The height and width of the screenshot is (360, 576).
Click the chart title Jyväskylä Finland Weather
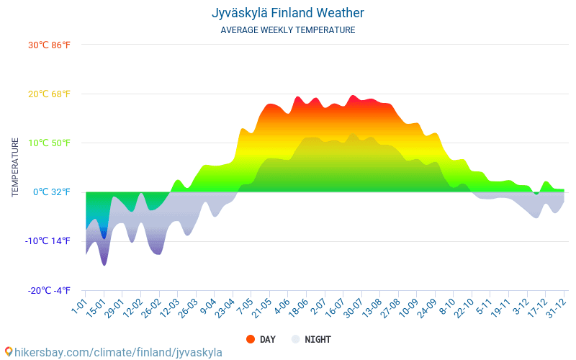click(x=288, y=13)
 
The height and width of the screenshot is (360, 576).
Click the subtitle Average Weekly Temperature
click(x=288, y=30)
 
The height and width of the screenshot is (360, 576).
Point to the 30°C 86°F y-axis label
click(x=50, y=45)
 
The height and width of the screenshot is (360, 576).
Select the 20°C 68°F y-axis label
click(x=50, y=94)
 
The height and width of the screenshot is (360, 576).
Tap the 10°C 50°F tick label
click(x=50, y=143)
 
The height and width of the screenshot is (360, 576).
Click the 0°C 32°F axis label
click(x=52, y=192)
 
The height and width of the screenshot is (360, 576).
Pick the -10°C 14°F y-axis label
click(x=49, y=241)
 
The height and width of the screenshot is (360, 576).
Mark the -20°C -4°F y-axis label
click(x=49, y=290)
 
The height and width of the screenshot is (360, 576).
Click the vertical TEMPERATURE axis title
click(x=15, y=168)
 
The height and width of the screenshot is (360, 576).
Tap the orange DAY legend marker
click(x=251, y=339)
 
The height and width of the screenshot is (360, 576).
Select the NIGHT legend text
click(x=318, y=339)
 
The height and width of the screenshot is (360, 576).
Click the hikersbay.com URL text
click(x=118, y=352)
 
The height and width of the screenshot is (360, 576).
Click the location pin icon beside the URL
click(x=8, y=352)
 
